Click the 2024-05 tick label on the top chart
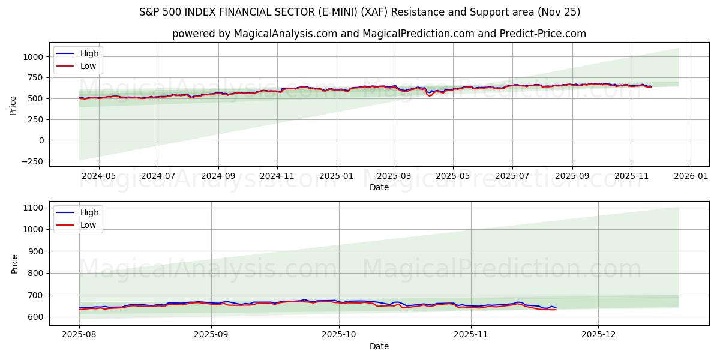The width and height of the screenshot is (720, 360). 98,176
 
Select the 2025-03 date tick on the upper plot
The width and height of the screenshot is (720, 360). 394,176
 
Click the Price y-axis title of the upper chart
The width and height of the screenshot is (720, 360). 13,106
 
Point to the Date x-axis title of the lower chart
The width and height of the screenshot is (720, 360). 379,346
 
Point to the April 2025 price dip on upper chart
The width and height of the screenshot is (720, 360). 430,95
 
